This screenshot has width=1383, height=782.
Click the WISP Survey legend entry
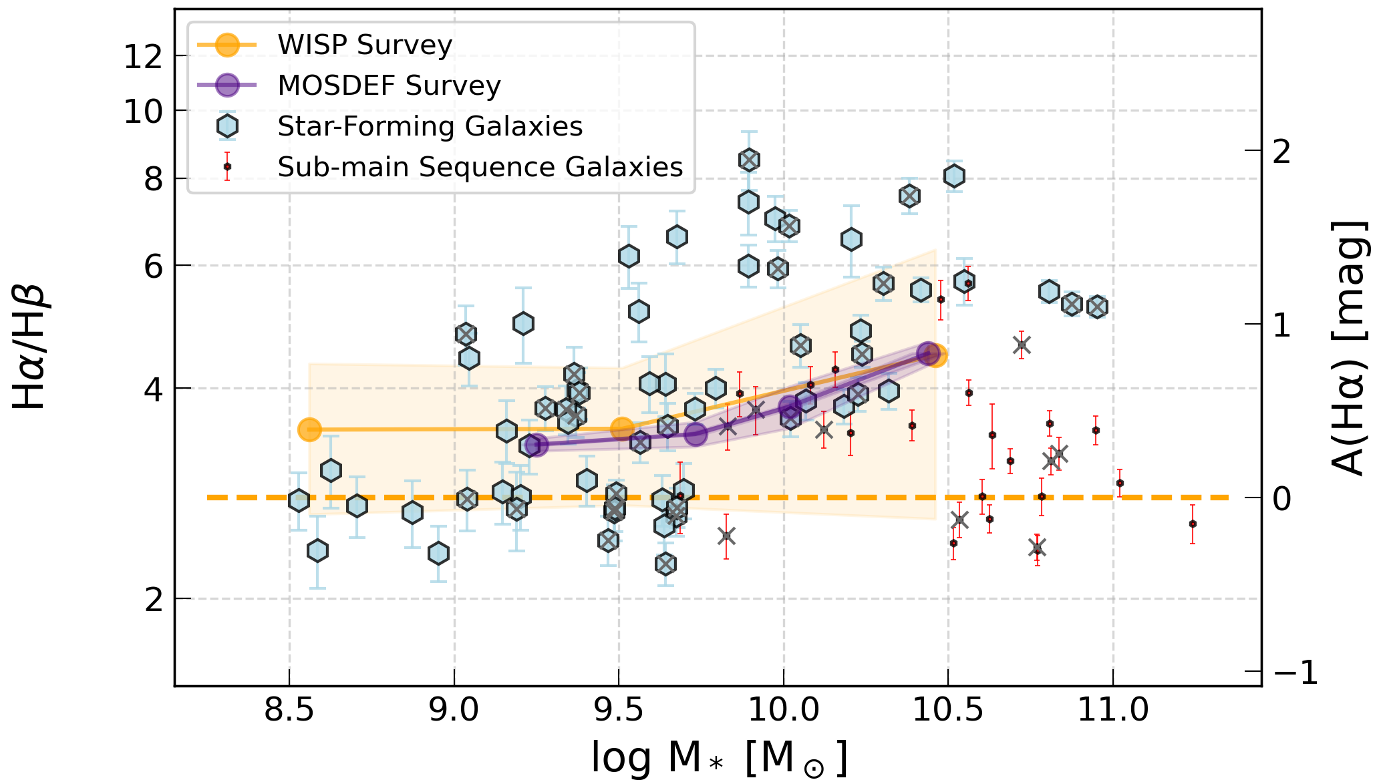coord(365,45)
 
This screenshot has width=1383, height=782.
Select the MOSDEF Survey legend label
coord(389,85)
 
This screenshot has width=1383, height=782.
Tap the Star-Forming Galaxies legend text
coord(430,126)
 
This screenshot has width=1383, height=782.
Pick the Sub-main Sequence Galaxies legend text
coord(480,167)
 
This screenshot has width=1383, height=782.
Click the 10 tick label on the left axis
coord(144,111)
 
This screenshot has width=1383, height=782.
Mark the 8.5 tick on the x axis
coord(289,709)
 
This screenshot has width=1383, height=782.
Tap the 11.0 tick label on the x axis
coord(1113,709)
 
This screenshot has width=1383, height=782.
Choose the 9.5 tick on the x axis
coord(619,709)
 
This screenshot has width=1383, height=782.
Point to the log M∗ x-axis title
coord(718,758)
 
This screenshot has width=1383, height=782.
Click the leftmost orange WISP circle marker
coord(309,429)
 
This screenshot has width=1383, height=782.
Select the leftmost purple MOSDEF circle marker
coord(535,445)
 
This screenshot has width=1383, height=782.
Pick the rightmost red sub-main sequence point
coord(1193,524)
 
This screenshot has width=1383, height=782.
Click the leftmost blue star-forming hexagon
coord(299,500)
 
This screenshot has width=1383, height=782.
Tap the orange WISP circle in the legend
coord(228,45)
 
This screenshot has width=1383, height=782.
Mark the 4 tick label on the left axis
coord(154,389)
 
